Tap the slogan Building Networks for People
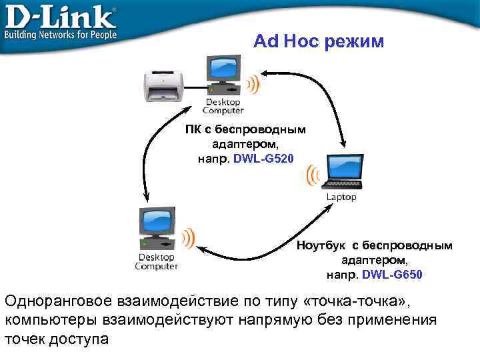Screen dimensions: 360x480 coord(61,34)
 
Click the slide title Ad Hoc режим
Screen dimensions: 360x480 coord(319,41)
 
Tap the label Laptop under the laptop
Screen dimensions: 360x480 coord(341,197)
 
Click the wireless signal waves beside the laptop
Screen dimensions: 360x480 coord(311,175)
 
